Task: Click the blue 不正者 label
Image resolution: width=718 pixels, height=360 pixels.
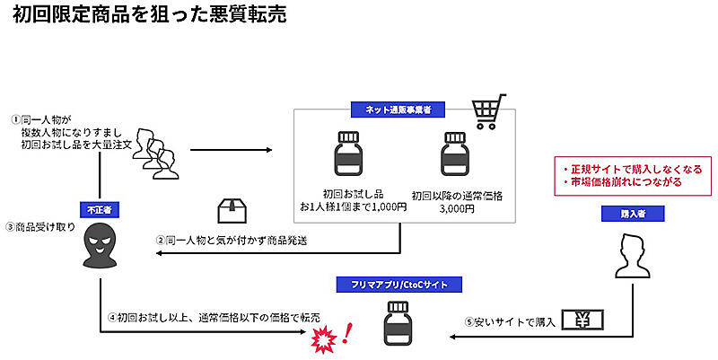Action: point(100,208)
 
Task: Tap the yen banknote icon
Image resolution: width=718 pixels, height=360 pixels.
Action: point(582,320)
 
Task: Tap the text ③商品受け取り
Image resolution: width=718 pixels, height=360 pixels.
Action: point(39,227)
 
